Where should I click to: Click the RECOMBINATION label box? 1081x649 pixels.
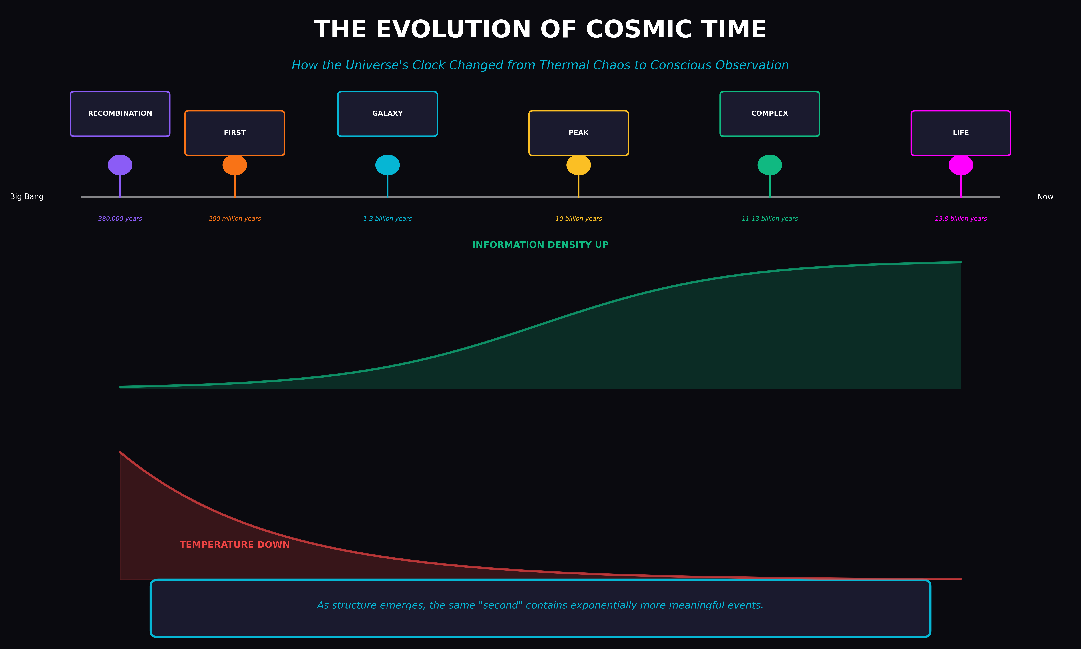pyautogui.click(x=120, y=114)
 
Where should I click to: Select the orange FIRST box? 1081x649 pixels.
pyautogui.click(x=235, y=133)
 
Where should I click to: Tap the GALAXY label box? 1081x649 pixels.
pyautogui.click(x=387, y=114)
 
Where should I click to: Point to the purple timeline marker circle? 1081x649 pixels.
pyautogui.click(x=120, y=165)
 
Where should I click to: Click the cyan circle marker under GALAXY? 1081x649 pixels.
pyautogui.click(x=387, y=165)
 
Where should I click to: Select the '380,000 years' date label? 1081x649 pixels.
pyautogui.click(x=120, y=219)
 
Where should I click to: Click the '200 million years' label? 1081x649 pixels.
pyautogui.click(x=235, y=219)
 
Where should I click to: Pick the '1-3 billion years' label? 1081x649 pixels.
pyautogui.click(x=387, y=219)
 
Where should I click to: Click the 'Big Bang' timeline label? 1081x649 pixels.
pyautogui.click(x=27, y=197)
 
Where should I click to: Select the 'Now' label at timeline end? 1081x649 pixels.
pyautogui.click(x=1045, y=197)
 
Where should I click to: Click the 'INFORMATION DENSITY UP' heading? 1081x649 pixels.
pyautogui.click(x=540, y=245)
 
